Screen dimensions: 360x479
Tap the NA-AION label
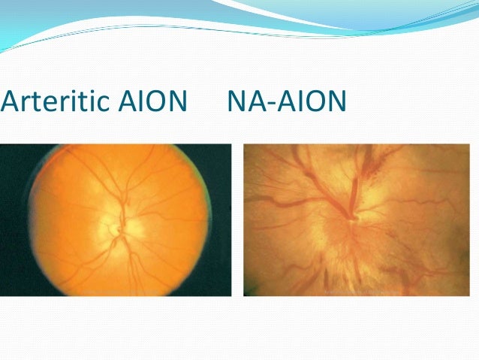[285, 100]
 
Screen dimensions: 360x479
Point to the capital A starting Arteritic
[9, 100]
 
